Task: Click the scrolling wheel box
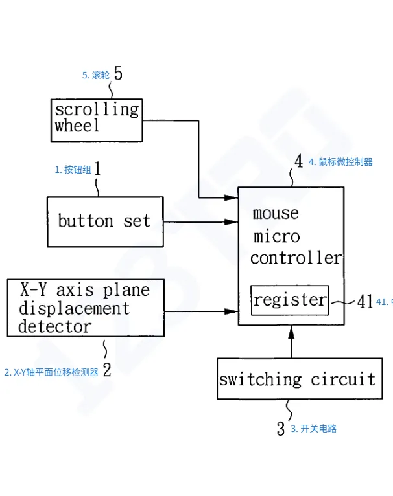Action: click(x=97, y=119)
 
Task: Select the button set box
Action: click(x=104, y=222)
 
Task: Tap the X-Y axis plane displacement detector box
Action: click(x=85, y=308)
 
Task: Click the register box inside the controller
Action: click(x=290, y=300)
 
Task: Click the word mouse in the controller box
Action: click(x=276, y=213)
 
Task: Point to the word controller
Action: click(x=296, y=258)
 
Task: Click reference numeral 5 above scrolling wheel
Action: click(x=117, y=73)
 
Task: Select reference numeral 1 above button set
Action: click(x=97, y=169)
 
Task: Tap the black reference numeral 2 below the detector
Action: click(x=107, y=370)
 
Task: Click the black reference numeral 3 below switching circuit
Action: click(x=281, y=429)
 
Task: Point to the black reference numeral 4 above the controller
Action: click(x=298, y=161)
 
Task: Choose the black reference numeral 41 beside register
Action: click(x=364, y=301)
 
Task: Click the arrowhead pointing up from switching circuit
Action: click(x=291, y=332)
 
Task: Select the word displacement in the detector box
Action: click(x=74, y=308)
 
